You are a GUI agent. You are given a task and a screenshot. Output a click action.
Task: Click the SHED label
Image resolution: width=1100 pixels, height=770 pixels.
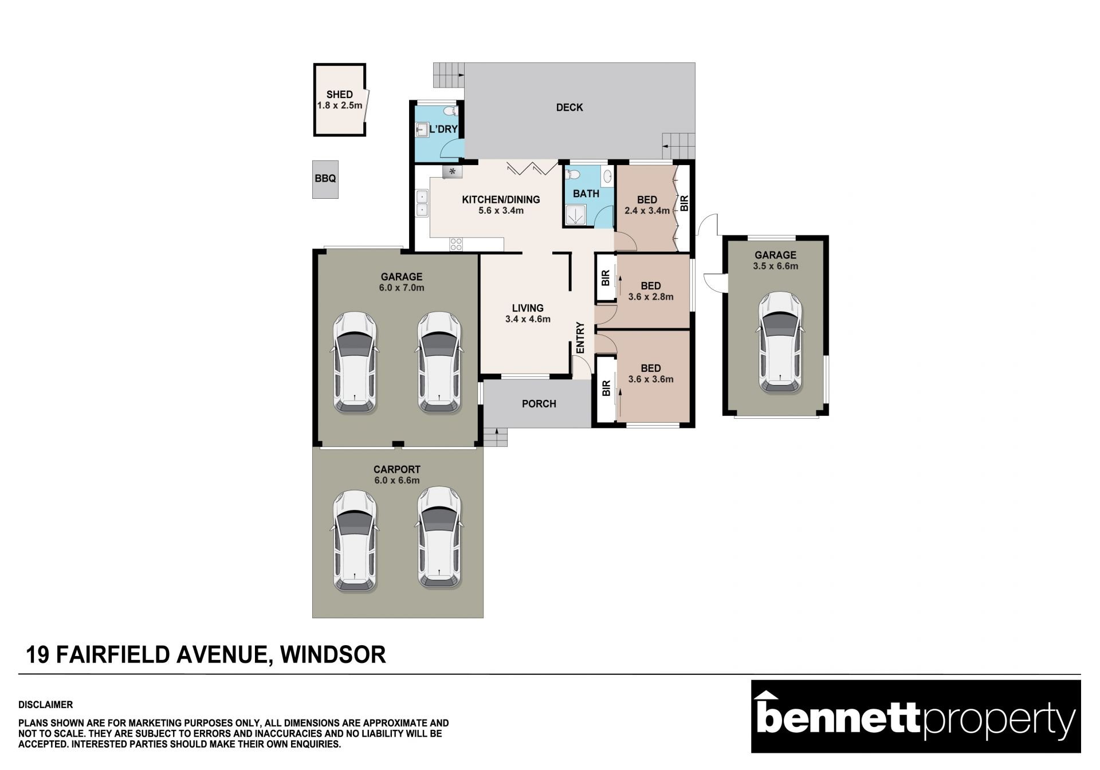pyautogui.click(x=339, y=95)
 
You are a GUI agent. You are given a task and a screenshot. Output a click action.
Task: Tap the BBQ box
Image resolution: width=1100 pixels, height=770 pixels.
pyautogui.click(x=325, y=179)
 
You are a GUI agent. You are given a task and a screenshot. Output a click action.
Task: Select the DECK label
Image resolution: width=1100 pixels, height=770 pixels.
pyautogui.click(x=569, y=107)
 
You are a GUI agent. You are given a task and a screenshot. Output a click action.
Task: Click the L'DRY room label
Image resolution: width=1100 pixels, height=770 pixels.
pyautogui.click(x=443, y=129)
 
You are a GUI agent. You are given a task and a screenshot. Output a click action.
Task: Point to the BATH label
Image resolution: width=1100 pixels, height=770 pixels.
pyautogui.click(x=586, y=194)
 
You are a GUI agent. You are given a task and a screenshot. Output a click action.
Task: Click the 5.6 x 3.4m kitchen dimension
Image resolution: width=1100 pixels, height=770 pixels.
pyautogui.click(x=501, y=210)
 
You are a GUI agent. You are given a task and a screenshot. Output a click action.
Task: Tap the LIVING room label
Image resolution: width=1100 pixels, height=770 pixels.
pyautogui.click(x=528, y=308)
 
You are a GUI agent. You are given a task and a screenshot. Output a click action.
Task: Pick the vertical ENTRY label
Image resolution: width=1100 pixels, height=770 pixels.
pyautogui.click(x=580, y=337)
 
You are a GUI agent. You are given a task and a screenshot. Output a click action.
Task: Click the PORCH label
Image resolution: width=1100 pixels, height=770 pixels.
pyautogui.click(x=539, y=404)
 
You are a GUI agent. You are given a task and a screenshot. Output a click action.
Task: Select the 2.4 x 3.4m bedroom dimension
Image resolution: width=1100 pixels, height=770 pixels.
pyautogui.click(x=647, y=210)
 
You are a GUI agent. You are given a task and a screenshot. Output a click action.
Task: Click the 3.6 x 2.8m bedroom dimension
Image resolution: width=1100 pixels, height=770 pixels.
pyautogui.click(x=651, y=297)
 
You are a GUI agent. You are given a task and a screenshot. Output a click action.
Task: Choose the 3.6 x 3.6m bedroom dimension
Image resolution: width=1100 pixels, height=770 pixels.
pyautogui.click(x=651, y=379)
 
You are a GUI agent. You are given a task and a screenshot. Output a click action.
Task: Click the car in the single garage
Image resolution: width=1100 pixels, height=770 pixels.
pyautogui.click(x=780, y=343)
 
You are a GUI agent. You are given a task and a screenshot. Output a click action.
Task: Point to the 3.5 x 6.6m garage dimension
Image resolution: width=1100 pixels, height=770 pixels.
pyautogui.click(x=776, y=266)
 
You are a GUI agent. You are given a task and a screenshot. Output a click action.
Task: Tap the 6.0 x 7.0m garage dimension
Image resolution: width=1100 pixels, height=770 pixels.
pyautogui.click(x=402, y=288)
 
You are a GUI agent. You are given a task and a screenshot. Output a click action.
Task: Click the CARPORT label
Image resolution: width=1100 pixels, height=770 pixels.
pyautogui.click(x=397, y=470)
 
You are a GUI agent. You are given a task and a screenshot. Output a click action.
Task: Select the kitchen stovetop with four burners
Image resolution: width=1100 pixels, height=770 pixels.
pyautogui.click(x=456, y=244)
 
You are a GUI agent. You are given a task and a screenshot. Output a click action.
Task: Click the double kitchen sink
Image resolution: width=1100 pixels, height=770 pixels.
pyautogui.click(x=422, y=203)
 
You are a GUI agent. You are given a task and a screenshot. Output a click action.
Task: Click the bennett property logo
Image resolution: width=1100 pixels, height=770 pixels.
pyautogui.click(x=916, y=716)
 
